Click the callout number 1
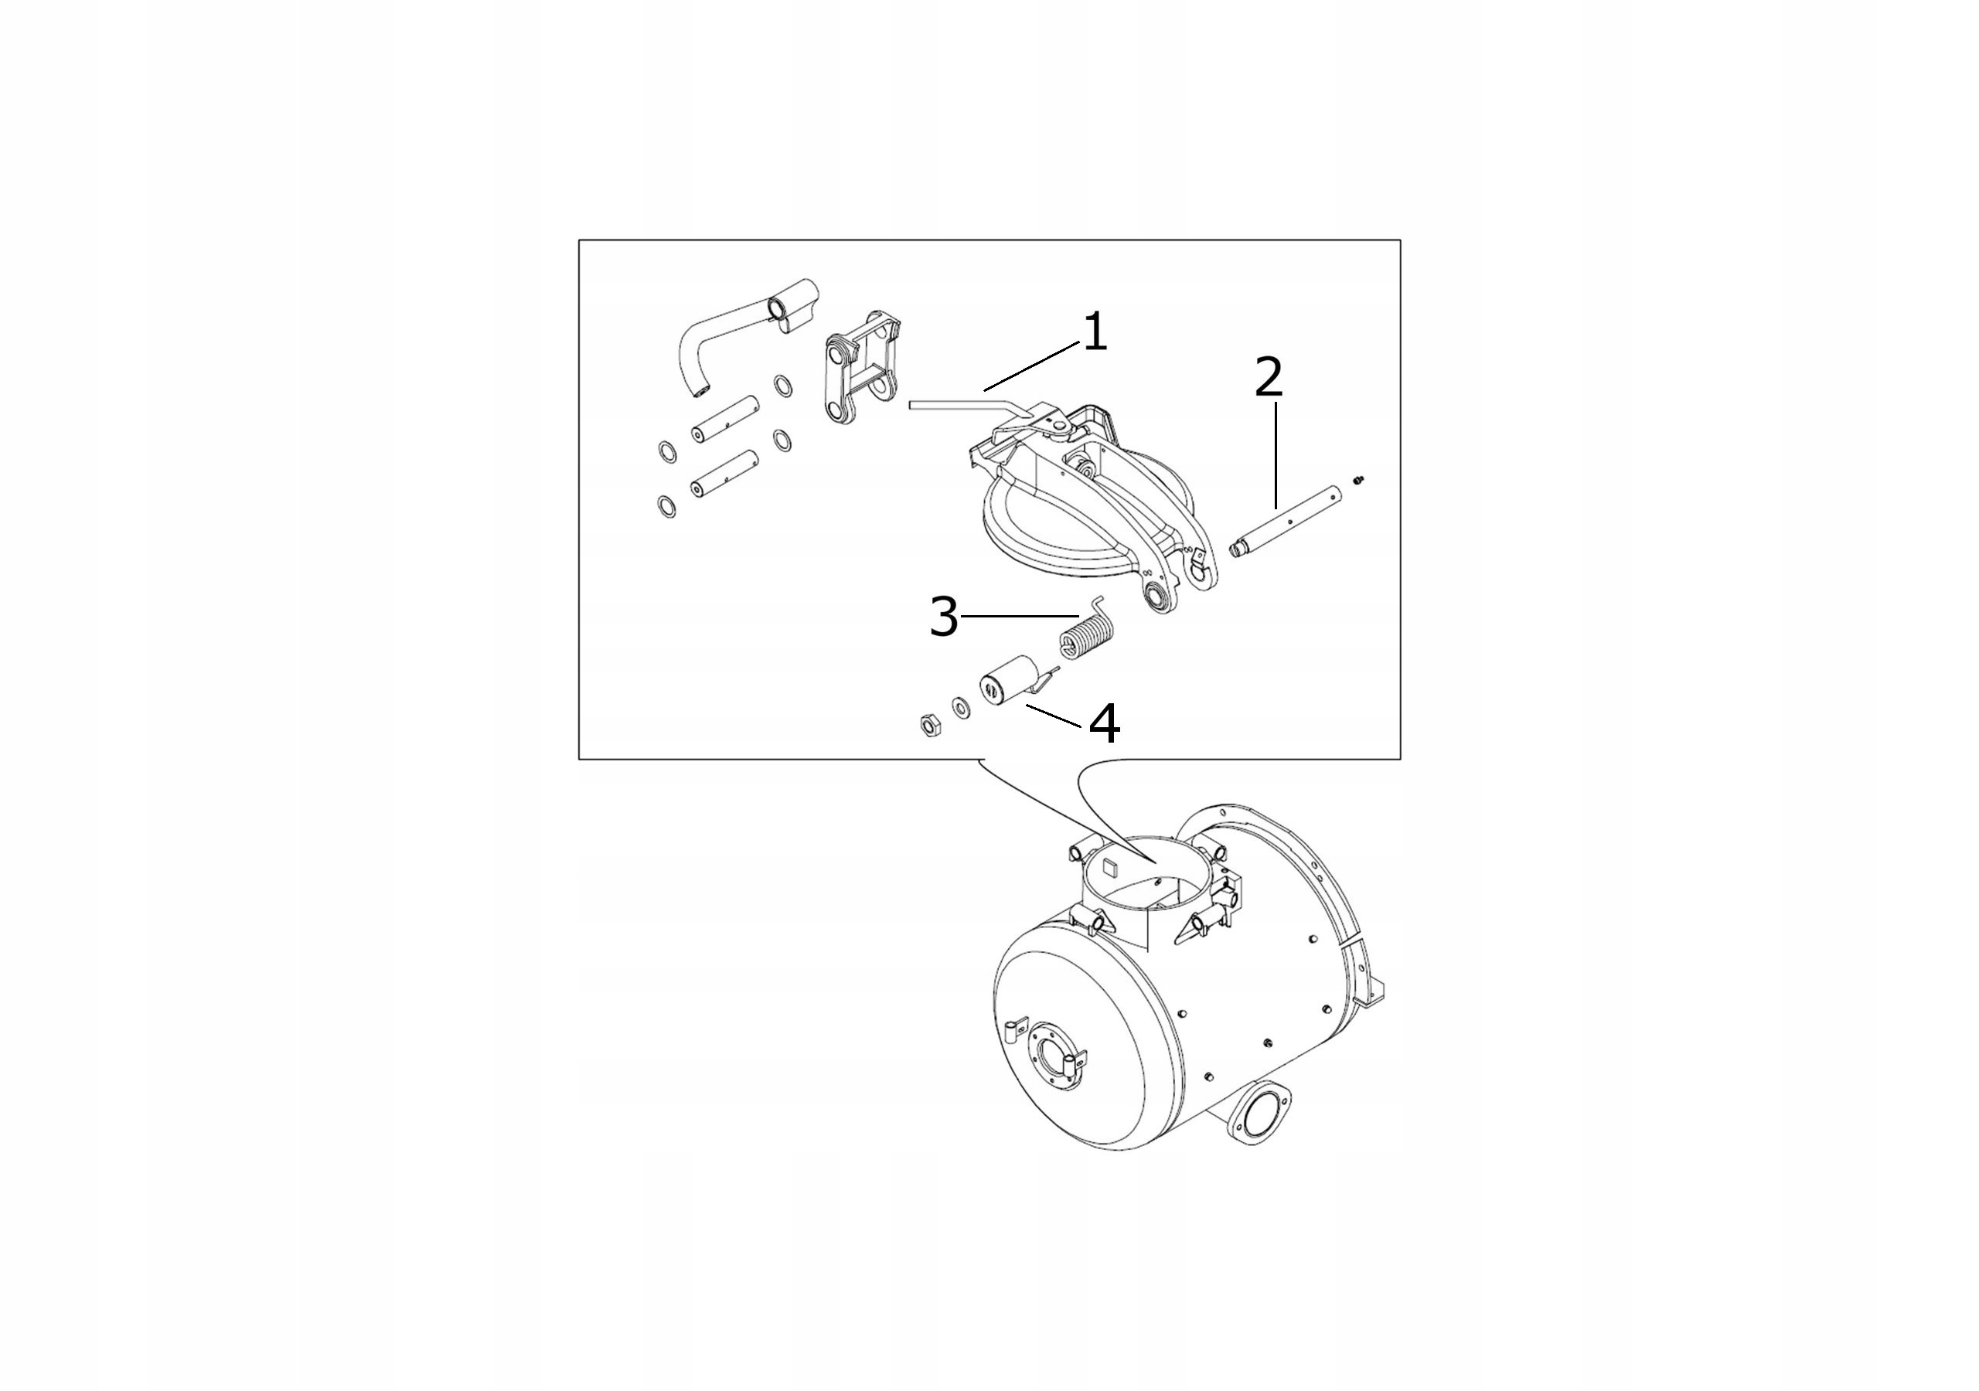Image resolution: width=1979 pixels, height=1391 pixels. (1095, 334)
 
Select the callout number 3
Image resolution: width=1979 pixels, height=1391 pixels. (945, 617)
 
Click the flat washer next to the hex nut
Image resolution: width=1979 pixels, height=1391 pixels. (959, 709)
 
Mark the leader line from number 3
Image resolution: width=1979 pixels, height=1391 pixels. (1019, 615)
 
